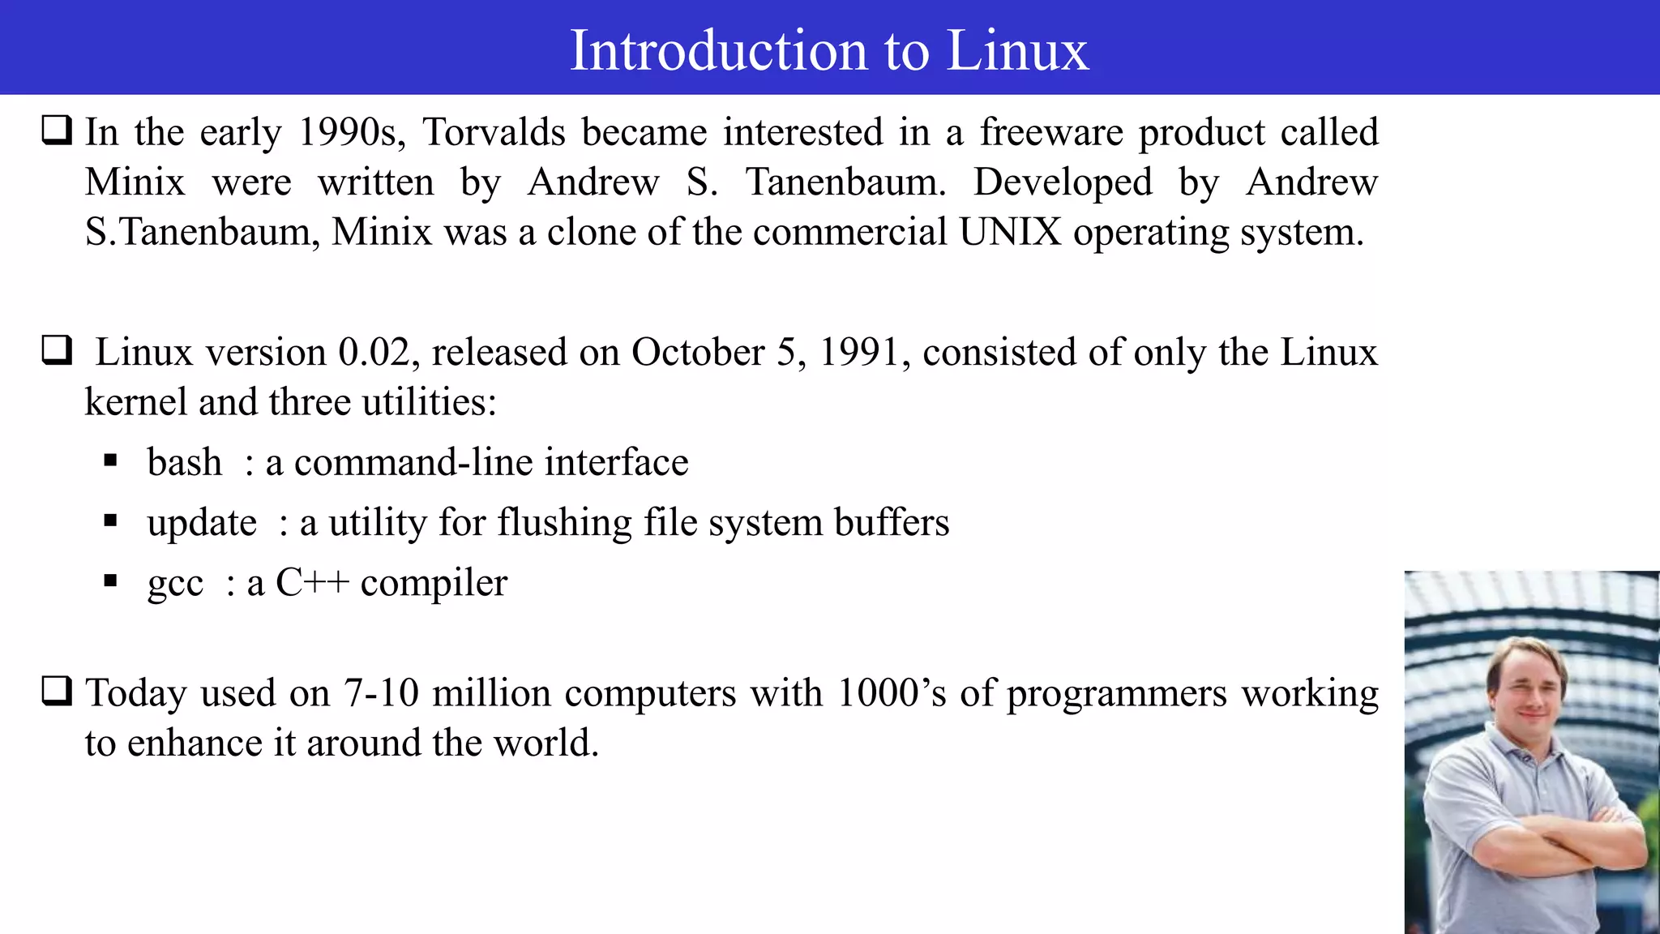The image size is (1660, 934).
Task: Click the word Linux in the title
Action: pos(1017,50)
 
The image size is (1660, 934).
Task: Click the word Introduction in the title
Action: pos(720,50)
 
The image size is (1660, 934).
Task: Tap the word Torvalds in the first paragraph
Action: pos(494,132)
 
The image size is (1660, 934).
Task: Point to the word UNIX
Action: pos(1010,233)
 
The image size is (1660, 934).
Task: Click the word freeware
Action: pos(1050,132)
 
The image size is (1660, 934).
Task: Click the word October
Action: pos(698,353)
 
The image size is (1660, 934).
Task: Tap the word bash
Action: pos(184,463)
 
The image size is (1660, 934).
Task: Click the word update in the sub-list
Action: pos(202,523)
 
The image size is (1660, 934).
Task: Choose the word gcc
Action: pos(175,584)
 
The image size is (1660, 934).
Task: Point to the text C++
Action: pos(312,583)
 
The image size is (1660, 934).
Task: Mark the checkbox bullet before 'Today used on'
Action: pos(57,692)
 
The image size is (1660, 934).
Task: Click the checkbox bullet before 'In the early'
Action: pos(57,131)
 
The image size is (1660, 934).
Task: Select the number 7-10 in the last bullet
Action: pos(381,693)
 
